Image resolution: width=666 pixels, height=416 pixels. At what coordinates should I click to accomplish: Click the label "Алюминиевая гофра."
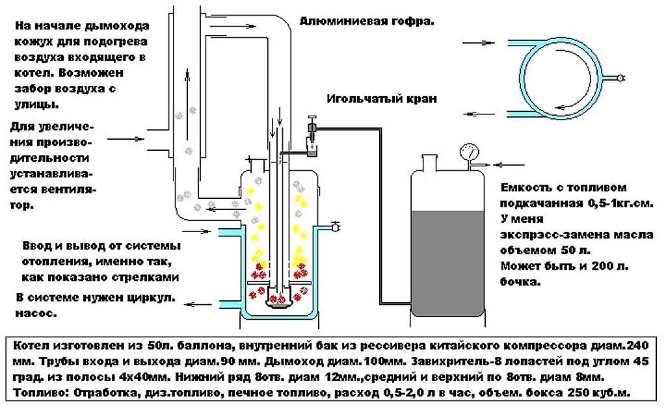367,21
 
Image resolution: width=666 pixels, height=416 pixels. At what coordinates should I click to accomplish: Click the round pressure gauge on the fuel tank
468,152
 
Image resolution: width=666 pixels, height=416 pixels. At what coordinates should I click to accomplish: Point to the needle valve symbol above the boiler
312,134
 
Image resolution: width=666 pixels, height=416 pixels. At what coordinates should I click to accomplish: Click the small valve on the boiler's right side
335,226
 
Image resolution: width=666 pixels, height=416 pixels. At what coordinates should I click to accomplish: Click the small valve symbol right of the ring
621,78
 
